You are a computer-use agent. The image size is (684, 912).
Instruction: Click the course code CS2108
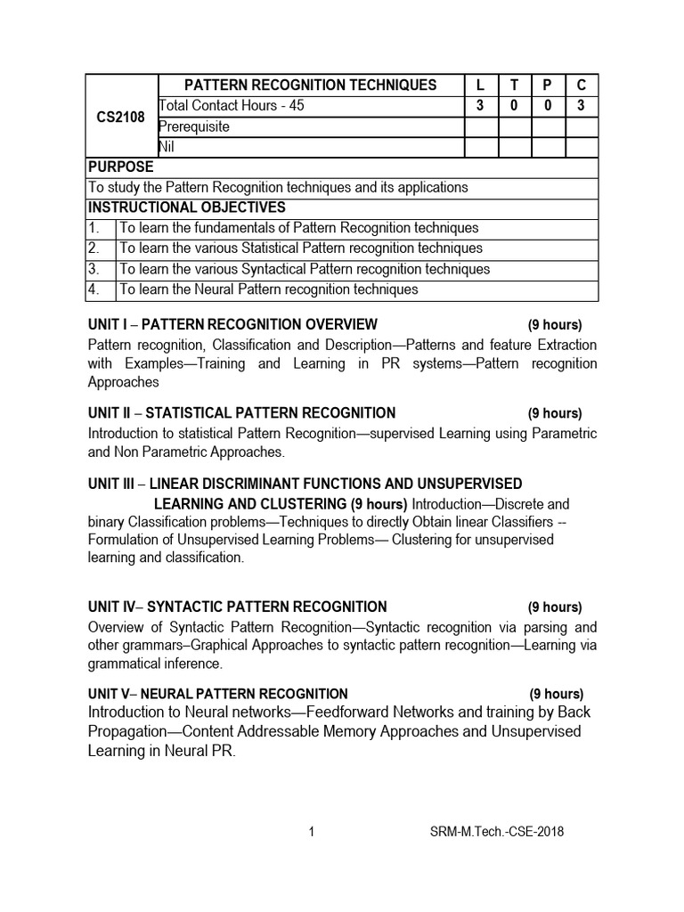tap(121, 117)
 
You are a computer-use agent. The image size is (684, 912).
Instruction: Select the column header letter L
tap(481, 85)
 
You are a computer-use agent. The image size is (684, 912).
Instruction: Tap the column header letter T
tap(514, 85)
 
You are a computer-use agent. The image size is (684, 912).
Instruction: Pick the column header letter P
tap(548, 85)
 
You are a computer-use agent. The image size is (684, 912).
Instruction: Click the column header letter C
tap(582, 85)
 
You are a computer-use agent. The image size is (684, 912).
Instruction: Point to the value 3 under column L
tap(481, 106)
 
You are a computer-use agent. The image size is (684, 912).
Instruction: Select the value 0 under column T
tap(514, 106)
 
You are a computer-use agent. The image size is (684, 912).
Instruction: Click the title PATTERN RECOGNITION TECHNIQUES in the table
tap(310, 85)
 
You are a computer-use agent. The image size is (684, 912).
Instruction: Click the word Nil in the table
tap(167, 147)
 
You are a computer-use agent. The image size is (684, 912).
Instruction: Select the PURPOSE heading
tap(120, 167)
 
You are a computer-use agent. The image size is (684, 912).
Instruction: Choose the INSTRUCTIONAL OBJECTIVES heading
tap(186, 208)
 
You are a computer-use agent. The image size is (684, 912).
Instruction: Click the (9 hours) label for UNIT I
tap(554, 324)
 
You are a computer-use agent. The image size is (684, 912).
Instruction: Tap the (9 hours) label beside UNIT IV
tap(554, 607)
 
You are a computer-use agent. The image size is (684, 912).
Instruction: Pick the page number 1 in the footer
tap(312, 833)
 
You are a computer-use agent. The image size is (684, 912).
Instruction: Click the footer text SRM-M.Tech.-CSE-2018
tap(496, 833)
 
